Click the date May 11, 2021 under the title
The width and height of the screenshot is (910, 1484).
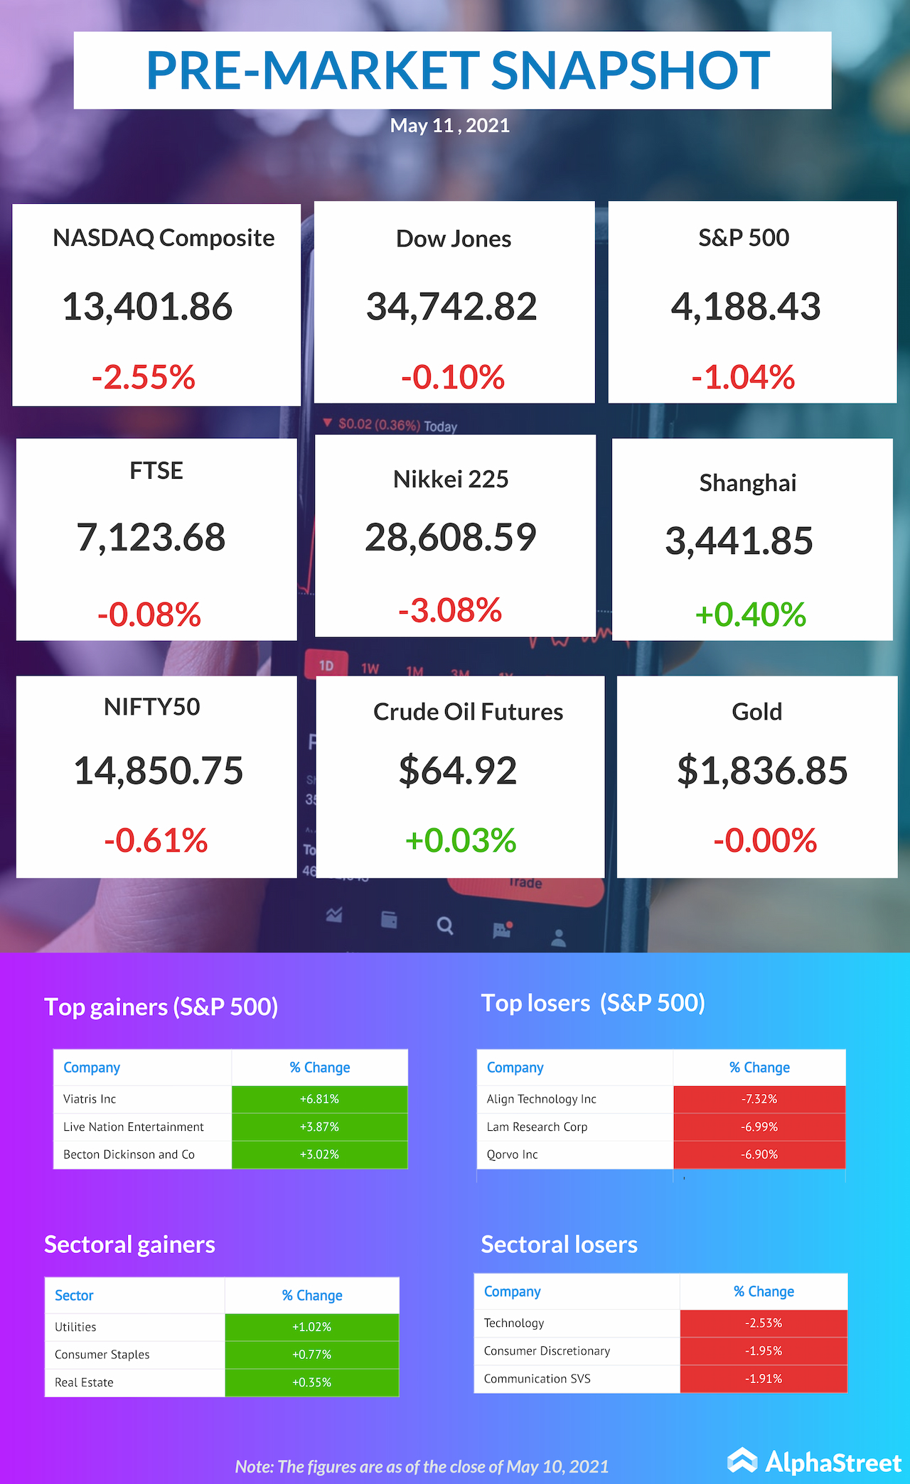tap(450, 126)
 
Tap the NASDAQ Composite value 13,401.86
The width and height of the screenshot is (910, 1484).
tap(148, 307)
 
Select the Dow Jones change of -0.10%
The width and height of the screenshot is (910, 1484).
tap(453, 377)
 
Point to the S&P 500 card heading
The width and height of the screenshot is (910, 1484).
tap(744, 238)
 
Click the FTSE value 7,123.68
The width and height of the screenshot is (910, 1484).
tap(151, 537)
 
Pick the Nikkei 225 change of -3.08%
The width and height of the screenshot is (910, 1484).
tap(450, 610)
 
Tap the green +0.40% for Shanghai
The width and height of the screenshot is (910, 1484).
tap(750, 614)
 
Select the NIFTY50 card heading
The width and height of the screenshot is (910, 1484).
tap(152, 707)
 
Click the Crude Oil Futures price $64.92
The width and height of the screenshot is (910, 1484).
tap(458, 771)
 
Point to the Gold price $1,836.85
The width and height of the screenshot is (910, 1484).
tap(762, 771)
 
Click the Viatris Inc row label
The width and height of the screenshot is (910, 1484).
tap(90, 1099)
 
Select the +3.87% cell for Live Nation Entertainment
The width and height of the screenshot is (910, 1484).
tap(319, 1127)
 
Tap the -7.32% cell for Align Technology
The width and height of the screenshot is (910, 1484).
tap(759, 1099)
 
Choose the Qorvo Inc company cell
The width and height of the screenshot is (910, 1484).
tap(512, 1154)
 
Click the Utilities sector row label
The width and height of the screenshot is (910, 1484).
tap(75, 1327)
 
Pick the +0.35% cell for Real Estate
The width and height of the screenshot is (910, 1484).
tap(312, 1382)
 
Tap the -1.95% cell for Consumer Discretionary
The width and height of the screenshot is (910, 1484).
tap(764, 1350)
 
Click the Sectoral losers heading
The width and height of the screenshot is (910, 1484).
tap(560, 1245)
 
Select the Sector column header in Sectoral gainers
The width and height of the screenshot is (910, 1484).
tap(74, 1296)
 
